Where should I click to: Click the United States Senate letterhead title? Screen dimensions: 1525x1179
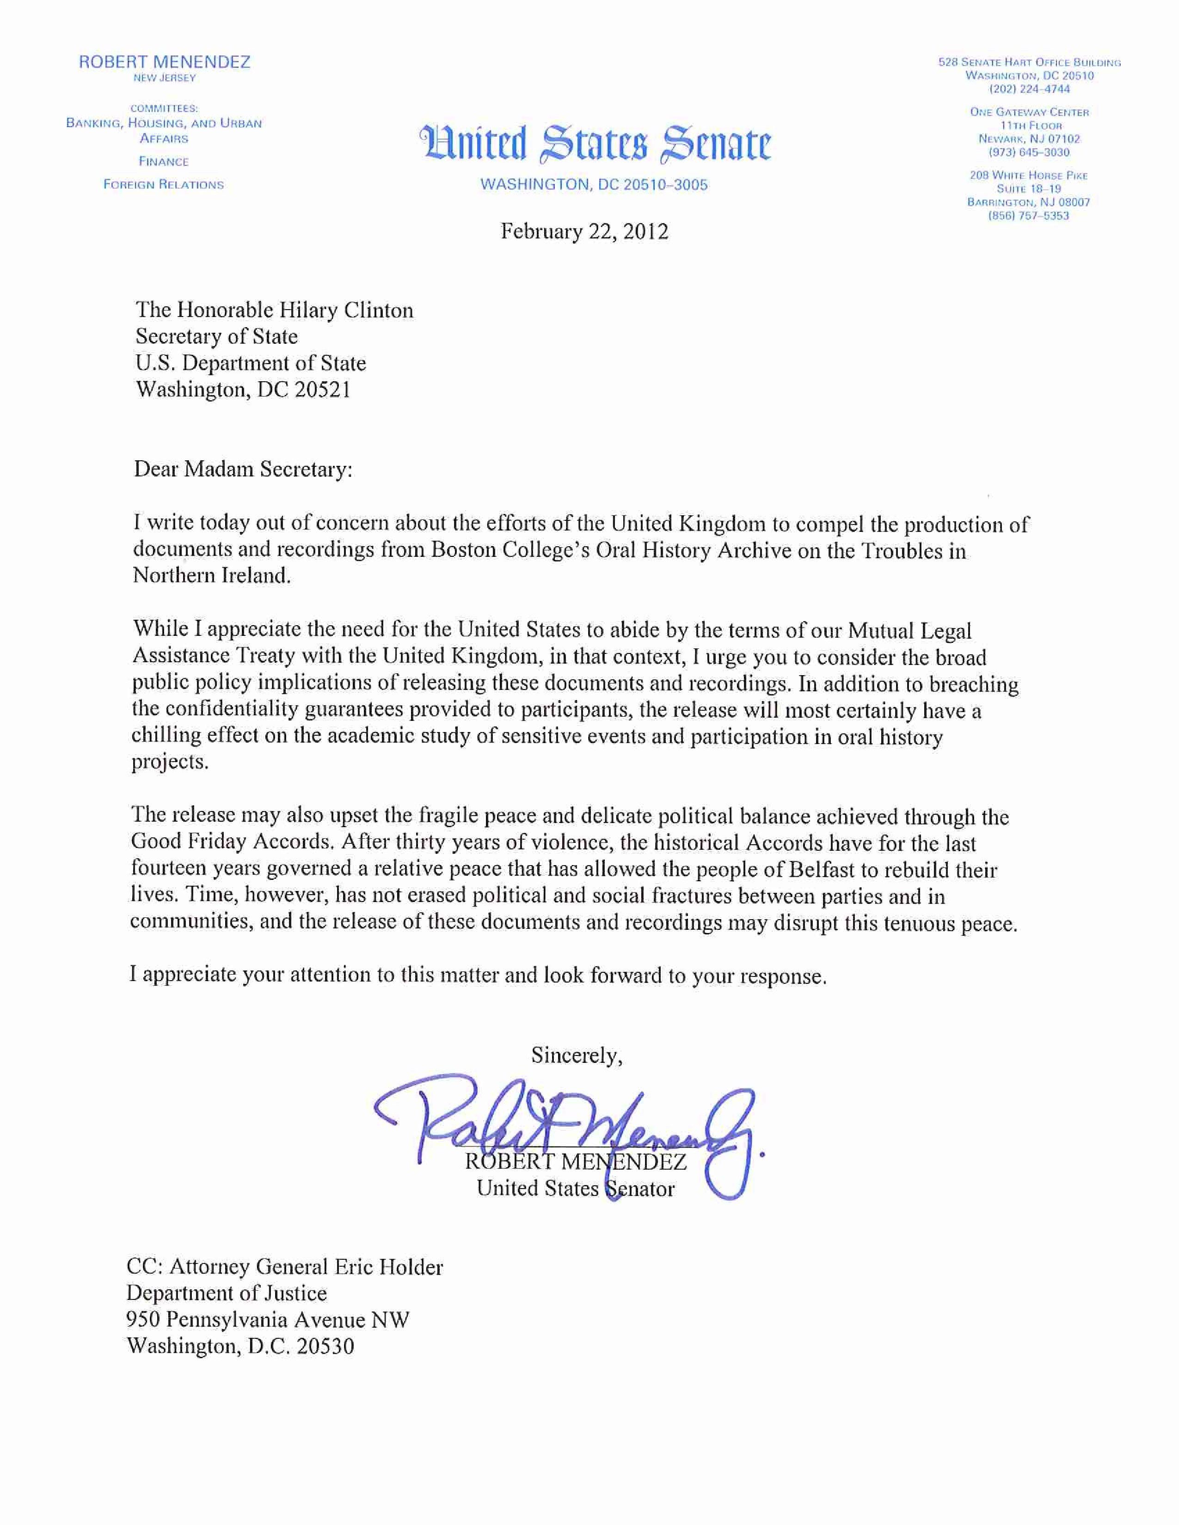coord(595,143)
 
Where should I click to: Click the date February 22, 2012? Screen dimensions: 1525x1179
coord(584,231)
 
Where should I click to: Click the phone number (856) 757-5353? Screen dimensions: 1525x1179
coord(1028,216)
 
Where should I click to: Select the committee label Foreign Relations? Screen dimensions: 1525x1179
coord(163,184)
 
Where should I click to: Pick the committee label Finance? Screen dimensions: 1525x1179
coord(163,161)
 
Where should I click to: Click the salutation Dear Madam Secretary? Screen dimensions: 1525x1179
coord(243,469)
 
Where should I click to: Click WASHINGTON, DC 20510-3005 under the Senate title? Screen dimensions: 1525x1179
coord(594,184)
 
